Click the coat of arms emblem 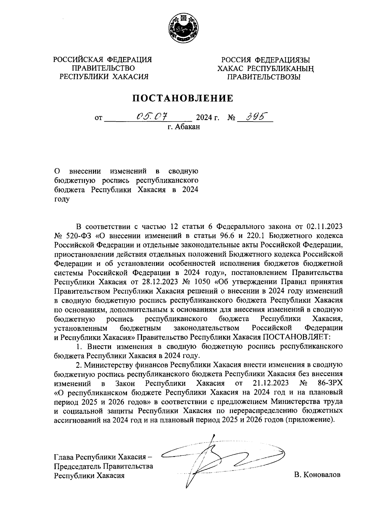(184, 29)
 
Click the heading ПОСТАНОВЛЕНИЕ (183, 98)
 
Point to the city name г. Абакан (183, 127)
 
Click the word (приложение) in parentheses (309, 420)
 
